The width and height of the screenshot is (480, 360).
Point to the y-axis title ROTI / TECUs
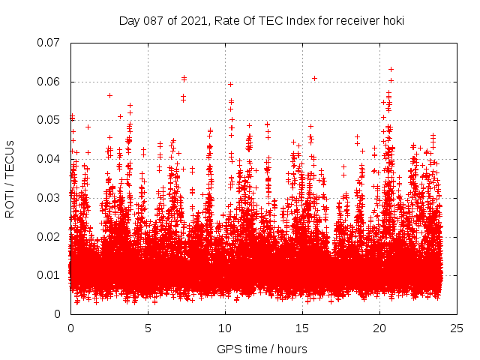(x=10, y=178)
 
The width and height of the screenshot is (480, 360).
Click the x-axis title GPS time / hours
(x=262, y=349)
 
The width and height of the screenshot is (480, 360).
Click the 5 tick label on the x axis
(x=148, y=328)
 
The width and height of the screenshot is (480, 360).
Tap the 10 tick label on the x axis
(x=225, y=328)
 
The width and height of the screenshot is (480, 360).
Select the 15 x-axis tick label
(x=302, y=328)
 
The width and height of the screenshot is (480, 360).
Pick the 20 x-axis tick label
(x=379, y=328)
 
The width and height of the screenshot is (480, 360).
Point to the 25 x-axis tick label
(x=457, y=328)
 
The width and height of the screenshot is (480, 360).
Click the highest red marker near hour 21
(x=391, y=69)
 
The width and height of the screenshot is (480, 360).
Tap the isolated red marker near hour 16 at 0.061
(x=315, y=78)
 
